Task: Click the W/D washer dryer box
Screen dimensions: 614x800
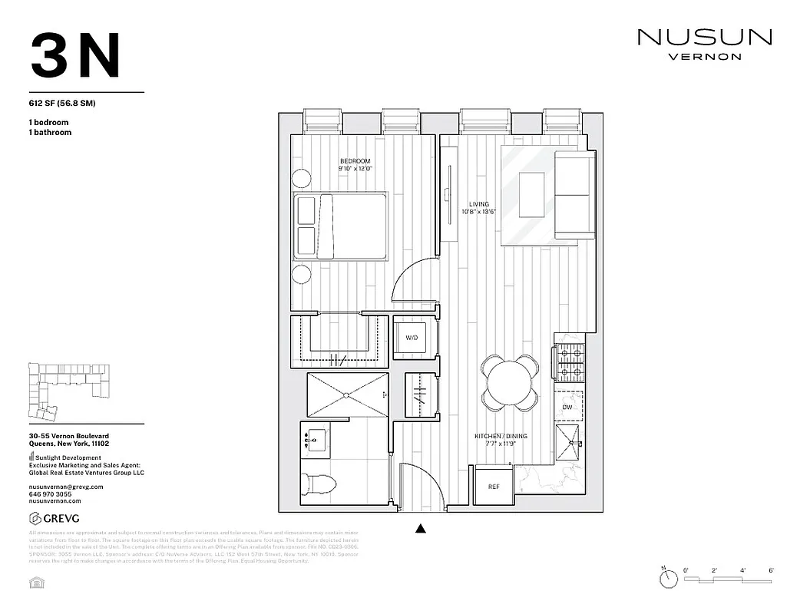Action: [411, 337]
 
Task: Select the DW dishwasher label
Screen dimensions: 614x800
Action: [567, 407]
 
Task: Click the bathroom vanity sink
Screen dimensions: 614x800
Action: [316, 441]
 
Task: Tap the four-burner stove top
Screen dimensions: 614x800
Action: [569, 364]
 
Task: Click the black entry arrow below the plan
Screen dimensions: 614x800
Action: [420, 527]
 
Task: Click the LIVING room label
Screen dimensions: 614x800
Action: [478, 204]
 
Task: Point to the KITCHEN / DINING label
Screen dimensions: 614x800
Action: [501, 436]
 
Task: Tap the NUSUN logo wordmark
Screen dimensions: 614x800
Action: [704, 37]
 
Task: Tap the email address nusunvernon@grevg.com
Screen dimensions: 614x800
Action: [65, 487]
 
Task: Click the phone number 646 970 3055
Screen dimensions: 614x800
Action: [51, 494]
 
